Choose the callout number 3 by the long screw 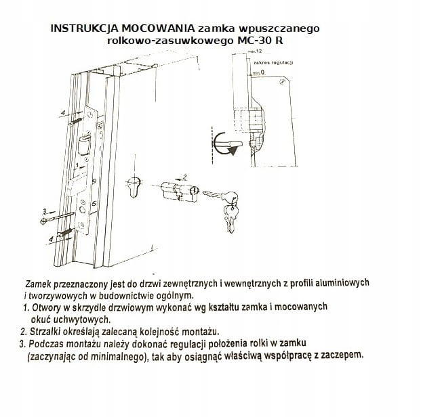click(x=43, y=211)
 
